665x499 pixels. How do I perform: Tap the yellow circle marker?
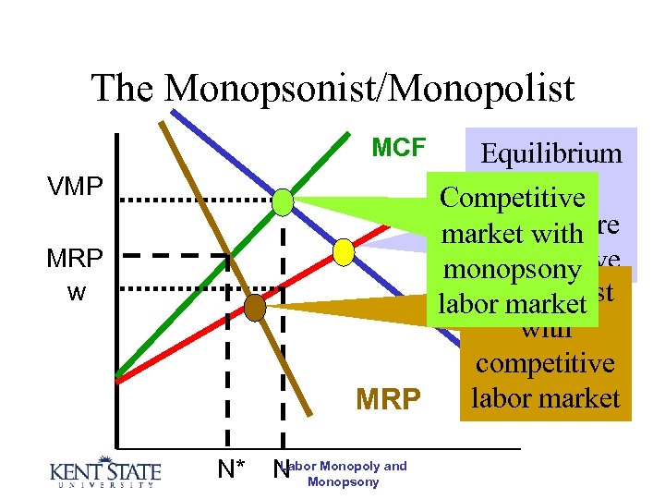pyautogui.click(x=344, y=250)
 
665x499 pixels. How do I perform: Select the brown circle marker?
pyautogui.click(x=255, y=307)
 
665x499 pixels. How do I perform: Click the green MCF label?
pyautogui.click(x=398, y=148)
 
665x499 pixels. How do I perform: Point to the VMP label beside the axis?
pyautogui.click(x=75, y=187)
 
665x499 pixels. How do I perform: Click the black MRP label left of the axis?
pyautogui.click(x=75, y=258)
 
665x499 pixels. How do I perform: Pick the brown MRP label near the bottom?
pyautogui.click(x=389, y=399)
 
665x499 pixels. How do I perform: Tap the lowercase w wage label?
pyautogui.click(x=77, y=292)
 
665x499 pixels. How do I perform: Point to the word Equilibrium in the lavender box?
pyautogui.click(x=551, y=153)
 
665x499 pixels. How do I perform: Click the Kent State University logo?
pyautogui.click(x=103, y=471)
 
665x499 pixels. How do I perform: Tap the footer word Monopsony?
pyautogui.click(x=344, y=482)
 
